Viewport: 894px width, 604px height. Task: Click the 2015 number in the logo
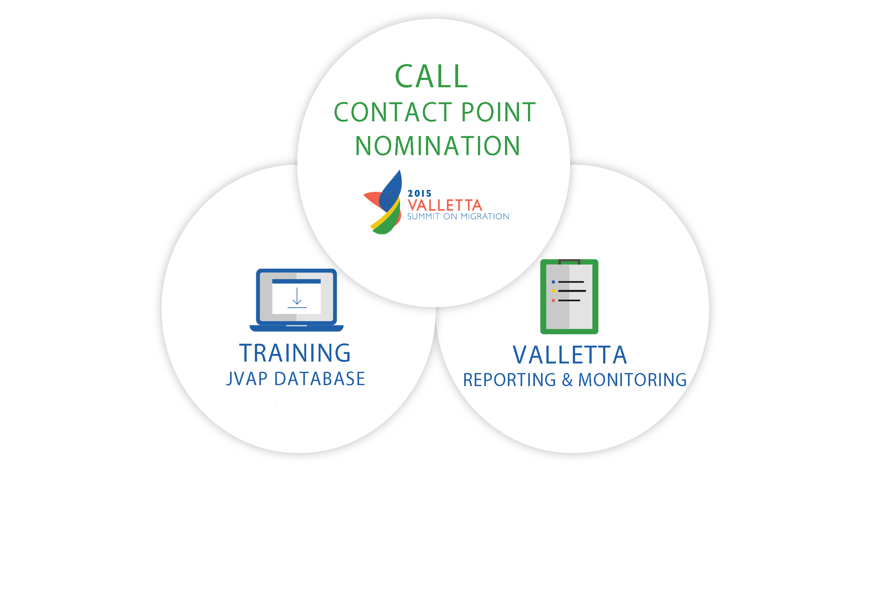(419, 193)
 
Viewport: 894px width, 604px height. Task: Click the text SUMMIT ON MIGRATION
(458, 217)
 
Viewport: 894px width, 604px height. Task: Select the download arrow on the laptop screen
(297, 297)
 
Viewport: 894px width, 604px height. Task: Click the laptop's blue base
(296, 328)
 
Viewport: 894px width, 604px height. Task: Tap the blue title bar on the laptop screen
(296, 281)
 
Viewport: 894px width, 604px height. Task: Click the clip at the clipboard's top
(569, 262)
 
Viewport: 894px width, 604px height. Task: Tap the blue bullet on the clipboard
(553, 282)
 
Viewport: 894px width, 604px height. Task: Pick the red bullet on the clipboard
(553, 300)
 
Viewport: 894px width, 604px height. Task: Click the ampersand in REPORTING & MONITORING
(567, 380)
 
